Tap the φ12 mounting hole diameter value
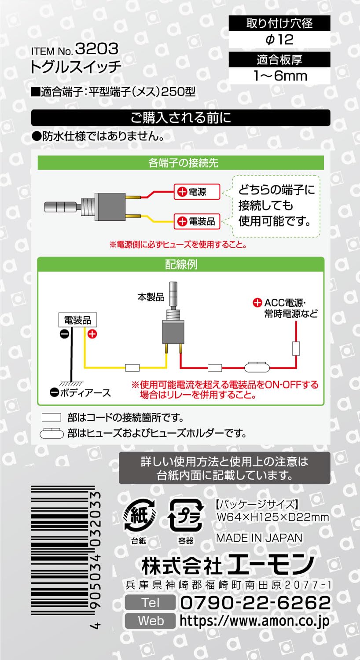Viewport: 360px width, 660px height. click(279, 40)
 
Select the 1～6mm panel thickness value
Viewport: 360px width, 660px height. click(279, 76)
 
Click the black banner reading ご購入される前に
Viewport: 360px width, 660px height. click(180, 118)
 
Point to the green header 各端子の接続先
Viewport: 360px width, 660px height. click(180, 163)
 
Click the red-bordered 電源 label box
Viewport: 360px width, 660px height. click(197, 192)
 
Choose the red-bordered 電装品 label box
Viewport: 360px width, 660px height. click(197, 221)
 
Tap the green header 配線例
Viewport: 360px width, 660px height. click(180, 264)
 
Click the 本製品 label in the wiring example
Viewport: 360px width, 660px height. click(151, 297)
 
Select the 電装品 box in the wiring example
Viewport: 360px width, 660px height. click(77, 320)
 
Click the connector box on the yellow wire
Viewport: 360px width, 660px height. click(132, 367)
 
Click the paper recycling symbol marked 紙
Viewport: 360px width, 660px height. click(139, 515)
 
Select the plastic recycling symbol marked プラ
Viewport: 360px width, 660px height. click(186, 515)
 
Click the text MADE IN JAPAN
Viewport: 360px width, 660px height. click(259, 538)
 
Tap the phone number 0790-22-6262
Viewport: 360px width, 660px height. click(255, 602)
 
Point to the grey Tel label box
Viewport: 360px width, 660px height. click(151, 602)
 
